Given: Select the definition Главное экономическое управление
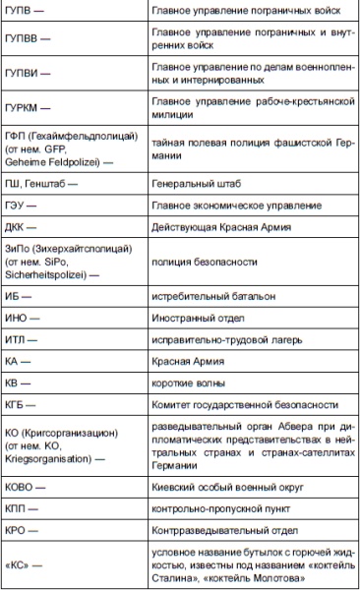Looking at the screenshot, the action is click(236, 205).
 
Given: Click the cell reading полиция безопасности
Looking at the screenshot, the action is click(206, 263).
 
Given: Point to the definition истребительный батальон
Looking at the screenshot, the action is click(219, 296).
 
